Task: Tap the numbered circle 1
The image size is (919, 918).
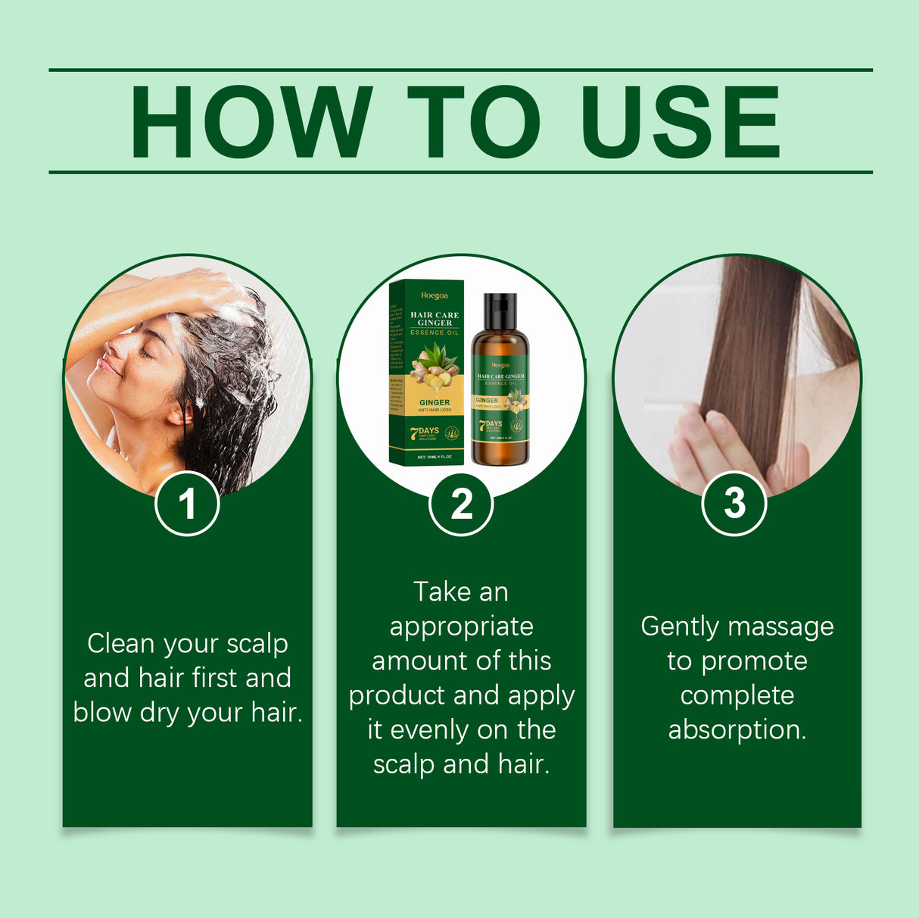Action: (187, 504)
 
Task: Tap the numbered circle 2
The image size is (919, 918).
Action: (461, 504)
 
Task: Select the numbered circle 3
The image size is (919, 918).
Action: (734, 504)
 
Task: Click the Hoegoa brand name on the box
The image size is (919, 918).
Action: (435, 295)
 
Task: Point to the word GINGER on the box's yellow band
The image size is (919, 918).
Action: (435, 402)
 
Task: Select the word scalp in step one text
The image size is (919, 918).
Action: (257, 643)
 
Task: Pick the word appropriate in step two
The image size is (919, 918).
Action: (461, 627)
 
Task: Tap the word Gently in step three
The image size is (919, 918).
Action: (679, 627)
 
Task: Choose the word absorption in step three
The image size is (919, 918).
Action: (737, 729)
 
